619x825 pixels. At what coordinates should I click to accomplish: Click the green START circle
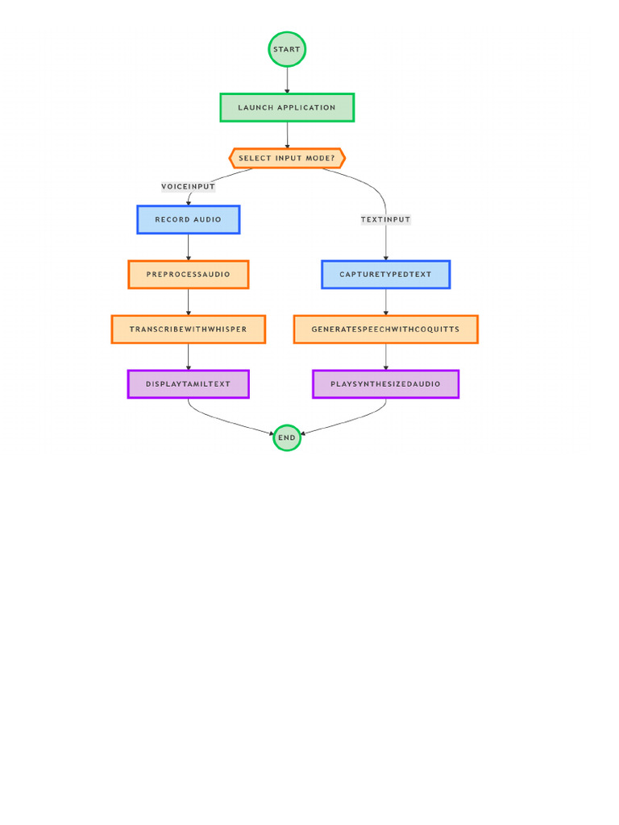pyautogui.click(x=287, y=49)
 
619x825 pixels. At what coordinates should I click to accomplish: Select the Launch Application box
pyautogui.click(x=287, y=107)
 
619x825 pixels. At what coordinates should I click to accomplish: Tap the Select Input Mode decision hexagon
pyautogui.click(x=287, y=158)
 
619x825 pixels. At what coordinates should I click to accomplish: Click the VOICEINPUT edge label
pyautogui.click(x=189, y=187)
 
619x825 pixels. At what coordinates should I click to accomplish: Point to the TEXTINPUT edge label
pyautogui.click(x=385, y=219)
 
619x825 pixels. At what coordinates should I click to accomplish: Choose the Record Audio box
pyautogui.click(x=189, y=219)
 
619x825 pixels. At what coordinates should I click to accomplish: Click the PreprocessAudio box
pyautogui.click(x=189, y=274)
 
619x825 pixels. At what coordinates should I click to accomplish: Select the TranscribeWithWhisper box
pyautogui.click(x=189, y=329)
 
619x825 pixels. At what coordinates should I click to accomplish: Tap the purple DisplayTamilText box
pyautogui.click(x=189, y=383)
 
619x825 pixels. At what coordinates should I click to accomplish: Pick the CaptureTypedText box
pyautogui.click(x=385, y=274)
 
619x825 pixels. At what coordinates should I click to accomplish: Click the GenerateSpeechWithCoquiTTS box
pyautogui.click(x=385, y=329)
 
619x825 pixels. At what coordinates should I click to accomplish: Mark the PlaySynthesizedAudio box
pyautogui.click(x=385, y=383)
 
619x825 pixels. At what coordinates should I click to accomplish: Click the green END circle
pyautogui.click(x=287, y=437)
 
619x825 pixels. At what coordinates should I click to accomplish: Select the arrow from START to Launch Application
pyautogui.click(x=287, y=80)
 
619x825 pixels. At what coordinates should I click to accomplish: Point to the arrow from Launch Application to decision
pyautogui.click(x=287, y=135)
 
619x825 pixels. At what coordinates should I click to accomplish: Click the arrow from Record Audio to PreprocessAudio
pyautogui.click(x=189, y=247)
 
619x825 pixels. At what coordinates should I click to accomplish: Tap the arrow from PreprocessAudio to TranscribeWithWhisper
pyautogui.click(x=189, y=301)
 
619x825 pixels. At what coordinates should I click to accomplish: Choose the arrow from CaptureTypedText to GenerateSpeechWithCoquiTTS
pyautogui.click(x=385, y=301)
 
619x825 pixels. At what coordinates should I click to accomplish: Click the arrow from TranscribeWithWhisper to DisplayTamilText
pyautogui.click(x=189, y=356)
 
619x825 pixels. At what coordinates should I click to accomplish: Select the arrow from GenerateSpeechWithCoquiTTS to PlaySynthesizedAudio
pyautogui.click(x=385, y=356)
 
